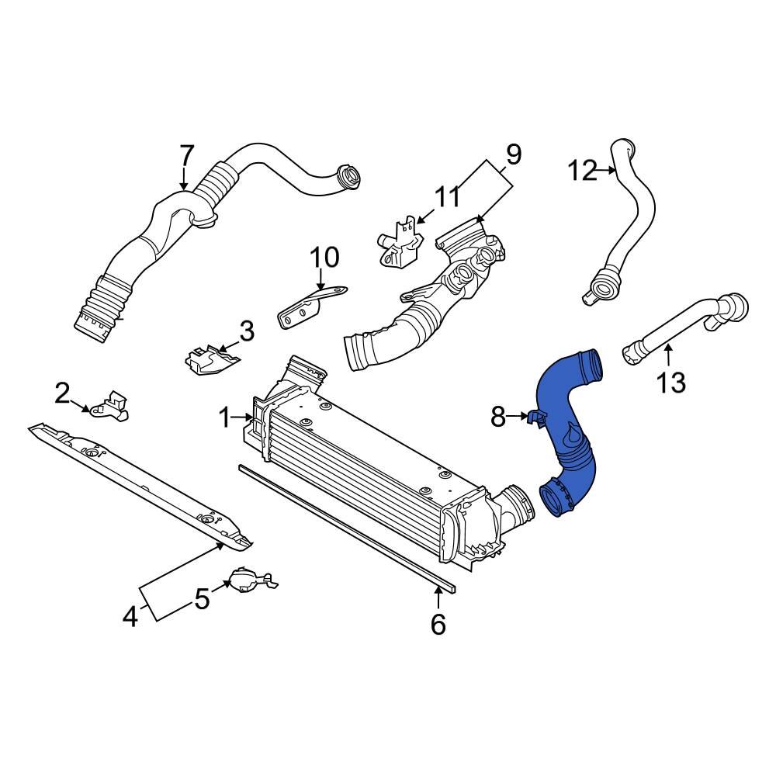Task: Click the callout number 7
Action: tap(186, 157)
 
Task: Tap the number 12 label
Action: tap(583, 169)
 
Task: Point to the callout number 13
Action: tap(671, 382)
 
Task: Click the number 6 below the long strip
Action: tap(438, 623)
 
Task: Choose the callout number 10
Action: tap(325, 257)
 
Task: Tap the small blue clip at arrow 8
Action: tap(534, 419)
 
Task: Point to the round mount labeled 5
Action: tap(246, 580)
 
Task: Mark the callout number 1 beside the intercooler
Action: tap(225, 419)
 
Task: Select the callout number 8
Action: tap(498, 417)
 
